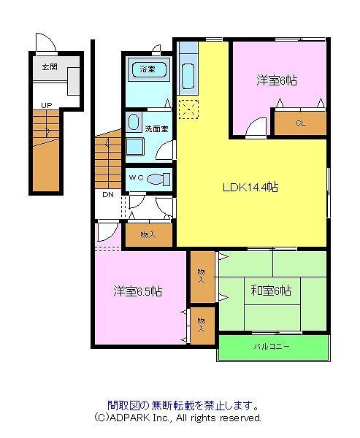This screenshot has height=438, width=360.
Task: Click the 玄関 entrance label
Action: [50, 67]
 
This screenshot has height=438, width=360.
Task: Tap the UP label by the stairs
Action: [47, 106]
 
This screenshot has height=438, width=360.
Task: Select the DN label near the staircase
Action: [108, 195]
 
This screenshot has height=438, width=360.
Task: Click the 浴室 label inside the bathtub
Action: [148, 69]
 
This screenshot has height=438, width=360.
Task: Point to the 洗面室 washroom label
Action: [156, 128]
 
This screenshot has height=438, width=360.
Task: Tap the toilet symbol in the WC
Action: [158, 179]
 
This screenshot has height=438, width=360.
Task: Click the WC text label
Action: [136, 177]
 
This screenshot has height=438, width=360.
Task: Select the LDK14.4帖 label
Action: [250, 187]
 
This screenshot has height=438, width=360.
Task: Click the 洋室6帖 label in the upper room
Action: [277, 80]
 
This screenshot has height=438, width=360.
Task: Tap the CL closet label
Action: [300, 123]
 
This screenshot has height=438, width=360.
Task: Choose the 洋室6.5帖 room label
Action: [137, 291]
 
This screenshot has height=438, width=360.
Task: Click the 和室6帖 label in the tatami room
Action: [271, 291]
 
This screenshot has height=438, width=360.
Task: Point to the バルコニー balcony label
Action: [272, 347]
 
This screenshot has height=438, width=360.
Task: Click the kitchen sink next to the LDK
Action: [188, 76]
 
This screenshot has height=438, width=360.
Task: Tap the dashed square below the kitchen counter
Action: [188, 109]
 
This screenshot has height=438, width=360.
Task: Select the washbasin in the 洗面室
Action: [133, 123]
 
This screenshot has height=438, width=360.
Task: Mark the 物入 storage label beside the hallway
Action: [148, 234]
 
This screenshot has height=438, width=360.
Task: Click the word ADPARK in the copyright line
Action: [131, 418]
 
